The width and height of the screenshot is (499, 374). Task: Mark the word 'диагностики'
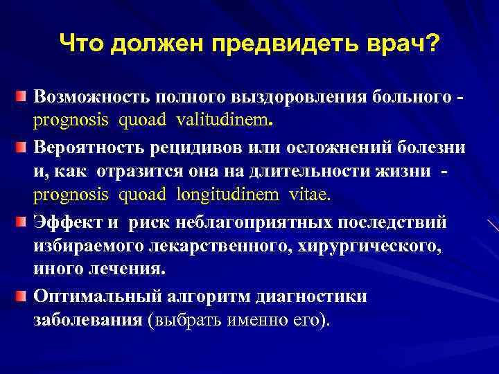(x=319, y=297)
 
